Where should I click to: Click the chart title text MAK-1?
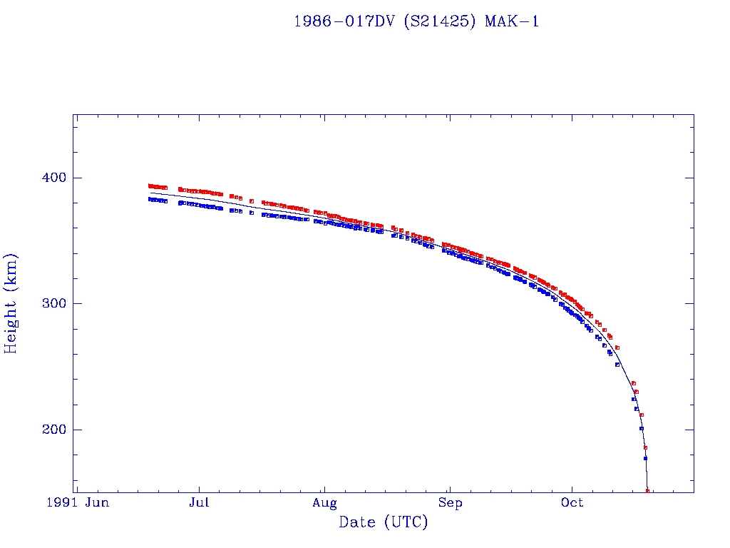pos(511,21)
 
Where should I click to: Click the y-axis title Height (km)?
pos(11,303)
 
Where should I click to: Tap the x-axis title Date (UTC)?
pos(384,522)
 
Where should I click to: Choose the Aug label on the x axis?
pos(324,503)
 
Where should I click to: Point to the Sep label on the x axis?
pos(450,503)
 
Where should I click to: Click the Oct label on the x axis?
pos(572,503)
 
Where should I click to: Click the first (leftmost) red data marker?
pos(150,186)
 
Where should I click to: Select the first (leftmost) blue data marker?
pos(150,199)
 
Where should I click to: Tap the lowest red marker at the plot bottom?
pos(647,491)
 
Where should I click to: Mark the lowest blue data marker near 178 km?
pos(645,458)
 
